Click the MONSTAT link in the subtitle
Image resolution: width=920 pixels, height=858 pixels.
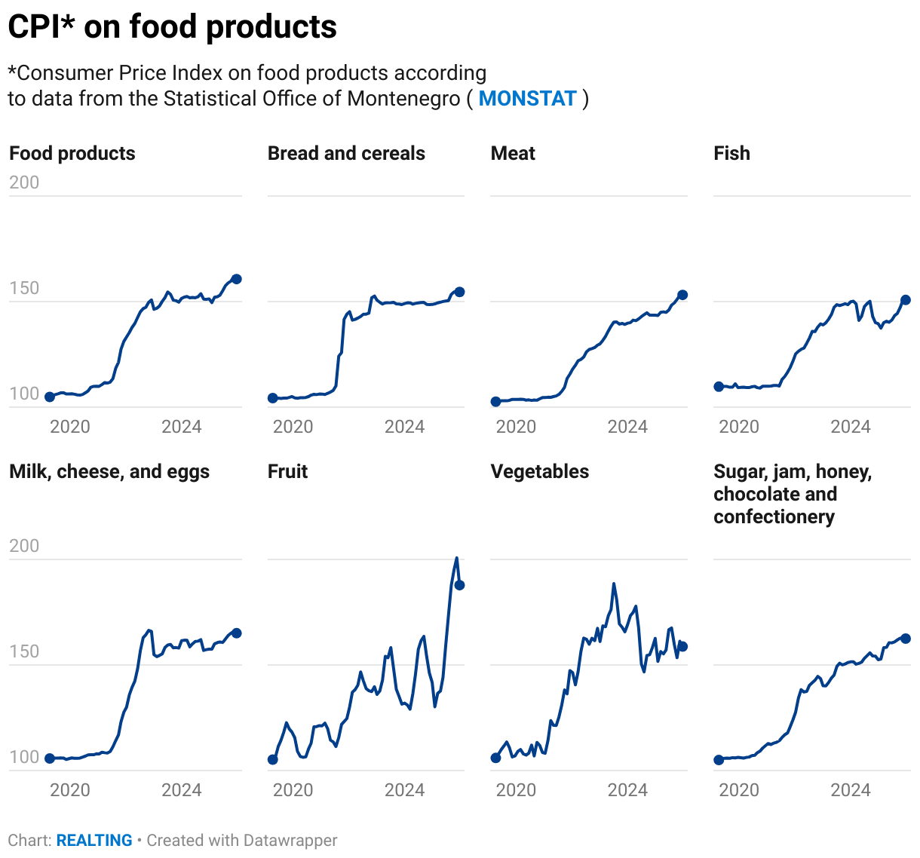(x=527, y=99)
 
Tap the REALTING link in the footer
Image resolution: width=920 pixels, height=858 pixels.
(x=94, y=840)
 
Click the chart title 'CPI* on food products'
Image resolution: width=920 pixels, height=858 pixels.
(x=173, y=27)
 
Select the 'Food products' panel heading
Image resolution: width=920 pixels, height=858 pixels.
(x=72, y=153)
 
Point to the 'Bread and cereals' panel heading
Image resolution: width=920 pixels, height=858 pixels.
(x=346, y=153)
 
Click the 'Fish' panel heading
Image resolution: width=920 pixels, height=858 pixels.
(x=731, y=153)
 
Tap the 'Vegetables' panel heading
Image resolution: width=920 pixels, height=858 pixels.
(x=539, y=471)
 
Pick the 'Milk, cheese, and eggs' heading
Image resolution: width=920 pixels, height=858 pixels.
(x=109, y=471)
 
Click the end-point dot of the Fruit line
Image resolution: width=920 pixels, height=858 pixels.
(x=459, y=585)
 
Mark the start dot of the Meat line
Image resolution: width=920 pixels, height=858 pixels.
(x=495, y=402)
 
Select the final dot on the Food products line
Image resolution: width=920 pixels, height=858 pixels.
(x=236, y=279)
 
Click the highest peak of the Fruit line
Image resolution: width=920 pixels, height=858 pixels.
(x=456, y=559)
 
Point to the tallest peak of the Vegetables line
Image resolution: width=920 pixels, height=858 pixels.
(x=614, y=584)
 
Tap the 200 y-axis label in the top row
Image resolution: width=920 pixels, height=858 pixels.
(x=24, y=182)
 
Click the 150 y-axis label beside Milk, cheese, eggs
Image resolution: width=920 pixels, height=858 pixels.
(x=24, y=651)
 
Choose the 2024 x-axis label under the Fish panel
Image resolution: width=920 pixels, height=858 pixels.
(x=850, y=427)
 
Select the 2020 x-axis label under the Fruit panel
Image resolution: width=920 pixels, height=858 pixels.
(x=293, y=790)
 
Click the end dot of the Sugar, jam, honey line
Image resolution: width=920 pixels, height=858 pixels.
(x=906, y=639)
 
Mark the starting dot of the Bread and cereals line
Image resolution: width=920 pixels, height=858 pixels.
(x=273, y=398)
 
